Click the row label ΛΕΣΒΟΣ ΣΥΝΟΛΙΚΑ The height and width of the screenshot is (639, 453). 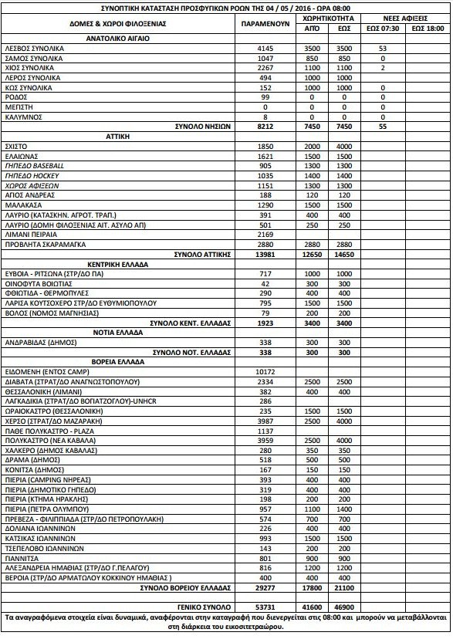[x=34, y=48]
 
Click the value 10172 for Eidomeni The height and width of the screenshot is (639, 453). [x=265, y=371]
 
